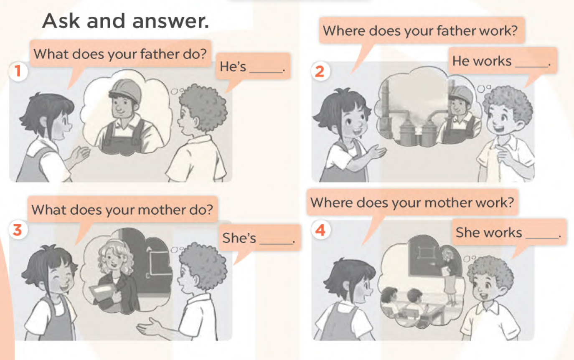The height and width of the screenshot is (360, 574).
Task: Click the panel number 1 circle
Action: [18, 71]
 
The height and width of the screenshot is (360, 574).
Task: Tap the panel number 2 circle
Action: [320, 71]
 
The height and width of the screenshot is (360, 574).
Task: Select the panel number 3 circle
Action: [18, 230]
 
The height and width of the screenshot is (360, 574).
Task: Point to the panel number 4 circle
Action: [320, 230]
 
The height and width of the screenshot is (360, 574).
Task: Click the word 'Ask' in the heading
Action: [61, 21]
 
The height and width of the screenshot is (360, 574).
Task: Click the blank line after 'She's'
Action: [276, 243]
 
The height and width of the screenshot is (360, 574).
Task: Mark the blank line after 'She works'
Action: [542, 238]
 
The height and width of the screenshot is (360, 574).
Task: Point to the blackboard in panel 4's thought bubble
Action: [425, 256]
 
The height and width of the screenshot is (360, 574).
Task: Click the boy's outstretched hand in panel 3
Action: [149, 327]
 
